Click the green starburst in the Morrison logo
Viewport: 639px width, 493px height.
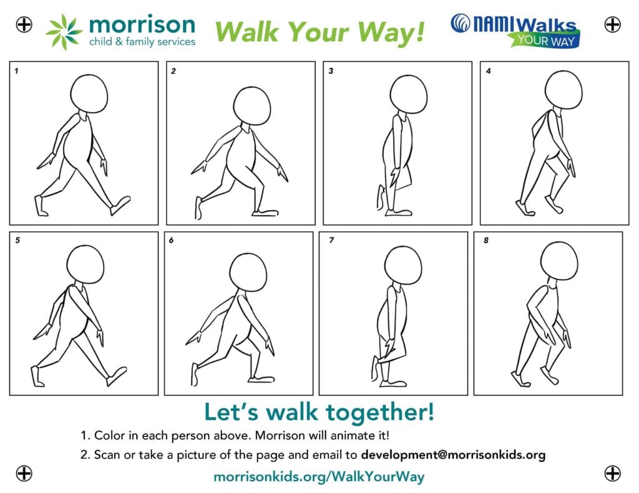[x=64, y=32]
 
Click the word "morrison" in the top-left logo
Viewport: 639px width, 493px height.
[x=142, y=24]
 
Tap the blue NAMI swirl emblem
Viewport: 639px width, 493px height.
[x=461, y=23]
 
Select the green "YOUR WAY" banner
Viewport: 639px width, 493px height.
[x=544, y=40]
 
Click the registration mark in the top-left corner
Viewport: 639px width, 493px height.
[x=24, y=24]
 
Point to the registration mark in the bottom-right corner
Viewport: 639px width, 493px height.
[x=612, y=474]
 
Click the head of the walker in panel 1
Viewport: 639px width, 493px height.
[x=89, y=93]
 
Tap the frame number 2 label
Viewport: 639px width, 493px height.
[x=173, y=71]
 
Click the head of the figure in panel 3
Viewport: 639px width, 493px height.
[x=408, y=95]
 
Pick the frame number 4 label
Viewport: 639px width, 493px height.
[x=488, y=71]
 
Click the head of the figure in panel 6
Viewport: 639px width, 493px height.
[x=248, y=272]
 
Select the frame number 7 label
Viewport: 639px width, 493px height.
[x=331, y=240]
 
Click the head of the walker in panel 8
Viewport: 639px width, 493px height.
[x=559, y=261]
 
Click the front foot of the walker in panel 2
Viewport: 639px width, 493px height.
[x=265, y=213]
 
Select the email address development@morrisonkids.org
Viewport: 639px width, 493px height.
[x=453, y=454]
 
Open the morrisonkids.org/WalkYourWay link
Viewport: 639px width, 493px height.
[x=319, y=476]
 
